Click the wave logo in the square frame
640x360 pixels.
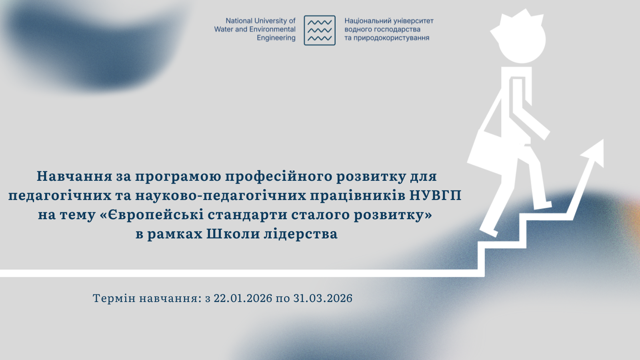320,30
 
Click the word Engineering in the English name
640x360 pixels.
276,38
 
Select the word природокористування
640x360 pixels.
392,38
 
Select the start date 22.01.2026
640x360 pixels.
243,298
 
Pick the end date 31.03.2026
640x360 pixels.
323,298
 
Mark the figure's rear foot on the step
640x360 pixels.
488,232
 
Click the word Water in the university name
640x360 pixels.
224,30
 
